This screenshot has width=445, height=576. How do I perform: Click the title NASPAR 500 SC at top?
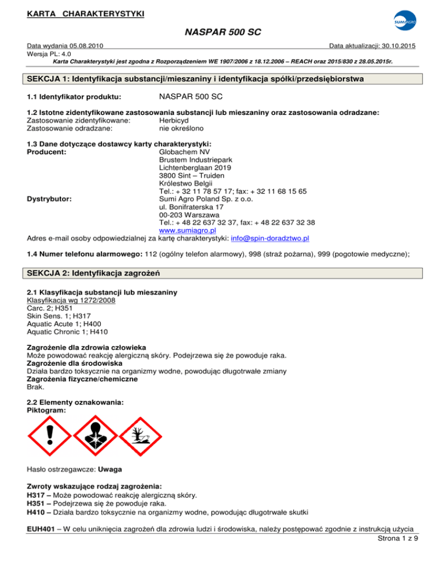(x=222, y=34)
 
